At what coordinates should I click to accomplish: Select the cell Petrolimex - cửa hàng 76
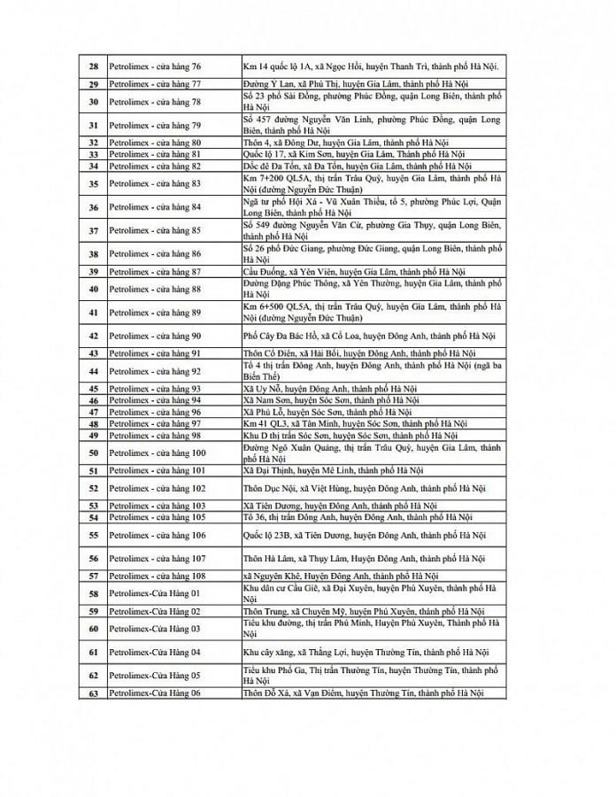pos(155,66)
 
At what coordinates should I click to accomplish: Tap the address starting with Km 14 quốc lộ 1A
pos(371,66)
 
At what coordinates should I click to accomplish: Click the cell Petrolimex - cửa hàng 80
pos(155,142)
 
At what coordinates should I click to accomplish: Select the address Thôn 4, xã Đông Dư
pos(346,142)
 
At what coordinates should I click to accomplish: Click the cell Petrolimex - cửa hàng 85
pos(155,231)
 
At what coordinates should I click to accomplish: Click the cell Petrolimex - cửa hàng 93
pos(155,389)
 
